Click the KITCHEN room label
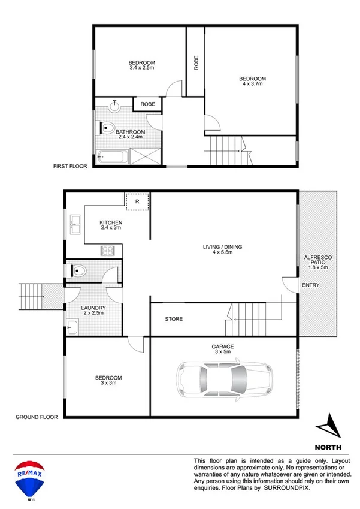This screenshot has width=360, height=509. point(111,225)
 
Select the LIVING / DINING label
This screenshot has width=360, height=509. point(222,250)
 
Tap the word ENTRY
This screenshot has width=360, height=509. point(310,285)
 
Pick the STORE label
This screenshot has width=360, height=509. point(174,319)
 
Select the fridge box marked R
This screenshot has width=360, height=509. point(137,202)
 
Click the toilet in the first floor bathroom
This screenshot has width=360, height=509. point(107,127)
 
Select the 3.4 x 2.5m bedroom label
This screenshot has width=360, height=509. point(142,66)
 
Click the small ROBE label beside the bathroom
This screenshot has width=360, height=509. point(147,104)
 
